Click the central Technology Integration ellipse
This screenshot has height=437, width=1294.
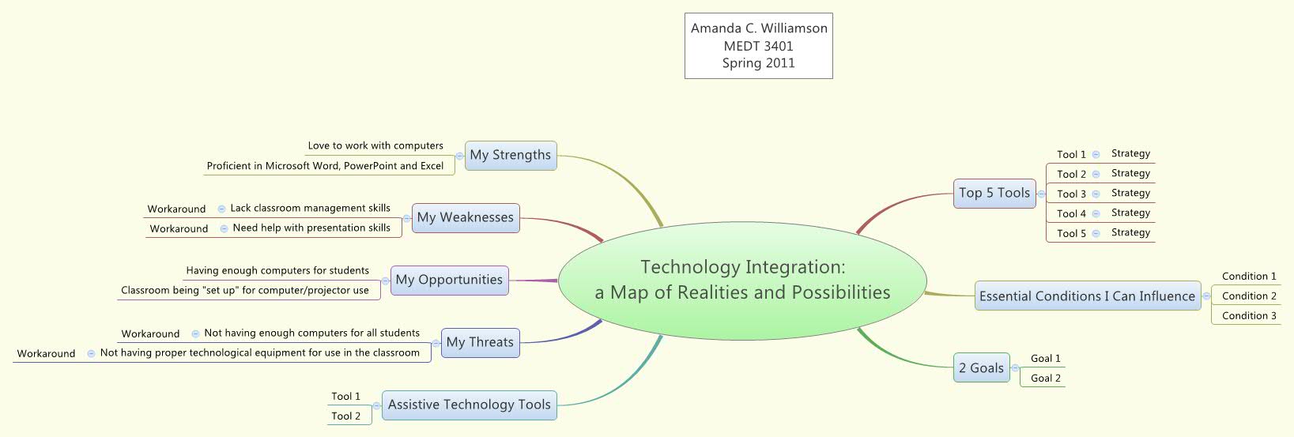[x=742, y=280]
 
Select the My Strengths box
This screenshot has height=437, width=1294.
[x=510, y=155]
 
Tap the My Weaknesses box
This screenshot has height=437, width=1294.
[x=465, y=217]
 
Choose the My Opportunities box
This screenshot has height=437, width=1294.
[x=449, y=280]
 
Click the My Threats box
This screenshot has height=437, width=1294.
[x=480, y=342]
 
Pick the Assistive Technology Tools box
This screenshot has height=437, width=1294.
[x=469, y=405]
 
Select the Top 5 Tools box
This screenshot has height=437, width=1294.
[x=994, y=193]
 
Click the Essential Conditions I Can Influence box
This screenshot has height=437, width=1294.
[x=1087, y=296]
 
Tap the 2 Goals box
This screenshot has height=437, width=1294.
[x=981, y=368]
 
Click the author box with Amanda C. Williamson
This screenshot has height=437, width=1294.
[x=759, y=46]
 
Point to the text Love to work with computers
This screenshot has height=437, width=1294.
[x=375, y=145]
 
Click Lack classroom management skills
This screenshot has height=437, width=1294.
[x=310, y=208]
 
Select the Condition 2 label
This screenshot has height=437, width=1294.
[x=1249, y=296]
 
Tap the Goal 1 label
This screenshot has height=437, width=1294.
[x=1045, y=358]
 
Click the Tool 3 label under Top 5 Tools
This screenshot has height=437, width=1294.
[x=1071, y=194]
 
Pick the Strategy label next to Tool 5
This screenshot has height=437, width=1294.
[x=1130, y=232]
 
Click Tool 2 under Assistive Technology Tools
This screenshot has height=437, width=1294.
[x=345, y=416]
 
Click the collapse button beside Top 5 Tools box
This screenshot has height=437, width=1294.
[x=1041, y=194]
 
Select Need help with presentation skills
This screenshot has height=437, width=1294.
[x=311, y=228]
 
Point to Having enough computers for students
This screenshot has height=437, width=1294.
[x=277, y=270]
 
